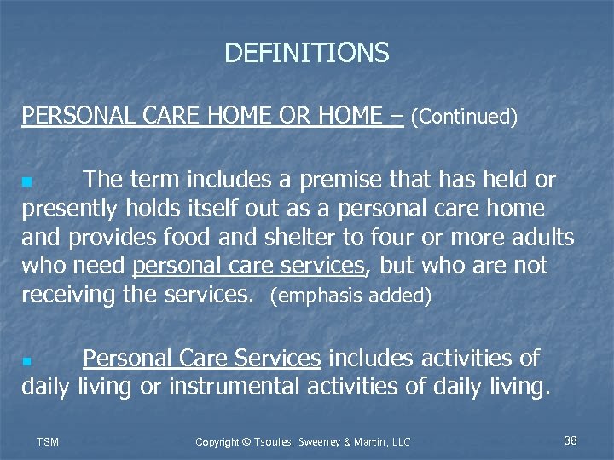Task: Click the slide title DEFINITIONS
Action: click(x=306, y=54)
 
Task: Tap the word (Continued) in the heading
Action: click(x=464, y=117)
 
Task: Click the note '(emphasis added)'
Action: click(x=350, y=297)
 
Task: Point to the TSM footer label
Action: click(x=49, y=441)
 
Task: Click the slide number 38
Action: click(x=571, y=440)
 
